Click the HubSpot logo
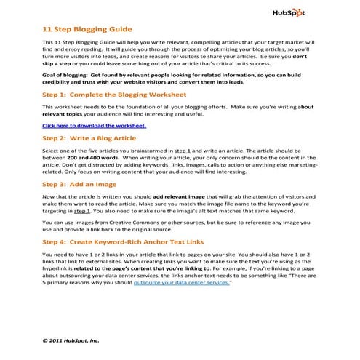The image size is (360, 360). point(291,12)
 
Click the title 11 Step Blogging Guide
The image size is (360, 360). point(88,30)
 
